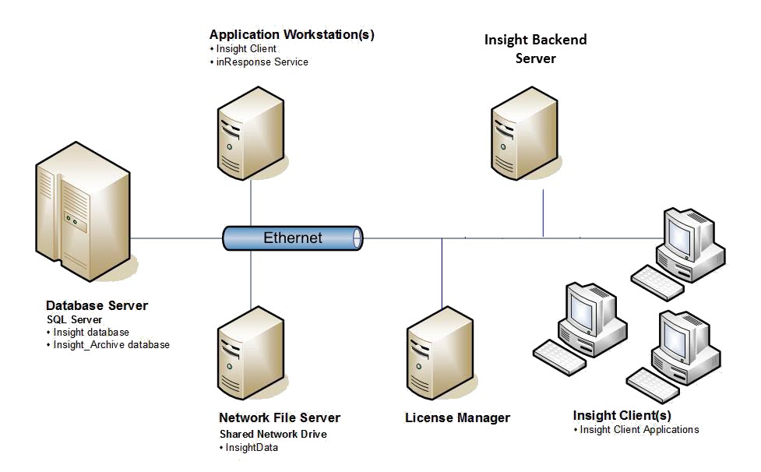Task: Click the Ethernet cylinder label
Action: point(292,238)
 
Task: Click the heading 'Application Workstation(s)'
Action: point(291,34)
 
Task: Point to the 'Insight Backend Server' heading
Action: point(535,48)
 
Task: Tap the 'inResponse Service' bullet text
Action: point(262,62)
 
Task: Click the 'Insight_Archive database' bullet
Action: point(111,344)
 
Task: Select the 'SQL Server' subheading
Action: point(75,320)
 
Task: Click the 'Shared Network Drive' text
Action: point(273,434)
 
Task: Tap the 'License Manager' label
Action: point(457,418)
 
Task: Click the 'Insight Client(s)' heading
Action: point(622,415)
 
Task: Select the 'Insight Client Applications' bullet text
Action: point(639,429)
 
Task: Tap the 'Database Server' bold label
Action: point(97,305)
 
